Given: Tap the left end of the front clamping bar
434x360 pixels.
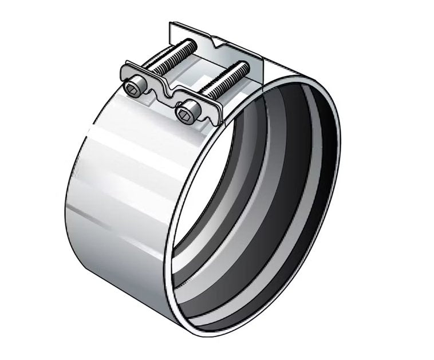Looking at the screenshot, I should point(123,75).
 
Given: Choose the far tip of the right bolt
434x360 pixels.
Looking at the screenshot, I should point(247,66).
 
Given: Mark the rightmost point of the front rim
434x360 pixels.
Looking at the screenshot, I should point(340,172).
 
